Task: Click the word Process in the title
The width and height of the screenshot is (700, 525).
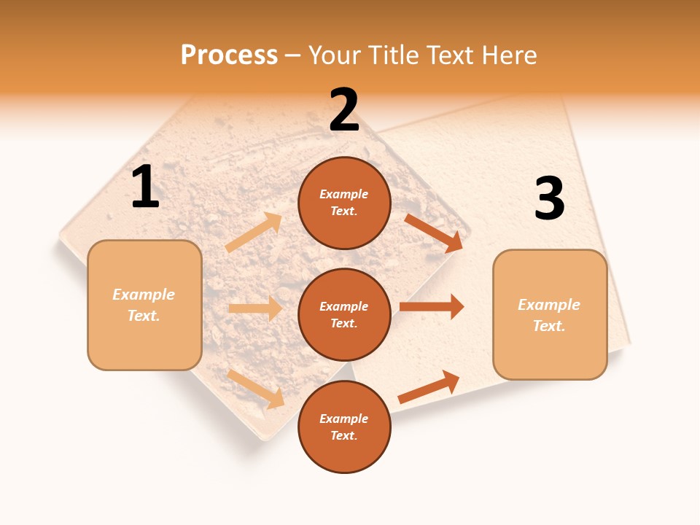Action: click(229, 55)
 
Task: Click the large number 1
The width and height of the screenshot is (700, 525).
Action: click(145, 188)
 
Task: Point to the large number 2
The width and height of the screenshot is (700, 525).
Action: click(344, 111)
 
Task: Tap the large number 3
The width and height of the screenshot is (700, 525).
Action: click(550, 200)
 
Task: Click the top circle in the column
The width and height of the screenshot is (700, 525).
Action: click(344, 203)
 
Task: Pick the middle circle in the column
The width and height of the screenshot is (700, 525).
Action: click(344, 314)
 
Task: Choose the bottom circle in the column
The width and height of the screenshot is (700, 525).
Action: click(344, 427)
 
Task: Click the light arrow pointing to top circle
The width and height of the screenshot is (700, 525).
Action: click(254, 233)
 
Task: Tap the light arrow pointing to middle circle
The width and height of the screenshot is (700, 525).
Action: click(255, 308)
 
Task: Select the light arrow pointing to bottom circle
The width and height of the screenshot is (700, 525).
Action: click(256, 389)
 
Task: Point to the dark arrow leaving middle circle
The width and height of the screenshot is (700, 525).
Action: click(432, 306)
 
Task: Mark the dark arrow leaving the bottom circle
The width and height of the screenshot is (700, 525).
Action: click(429, 386)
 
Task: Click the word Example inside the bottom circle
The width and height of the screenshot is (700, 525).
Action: click(344, 419)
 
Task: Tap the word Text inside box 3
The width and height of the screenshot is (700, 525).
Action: click(549, 326)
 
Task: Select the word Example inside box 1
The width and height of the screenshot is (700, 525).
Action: click(144, 295)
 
